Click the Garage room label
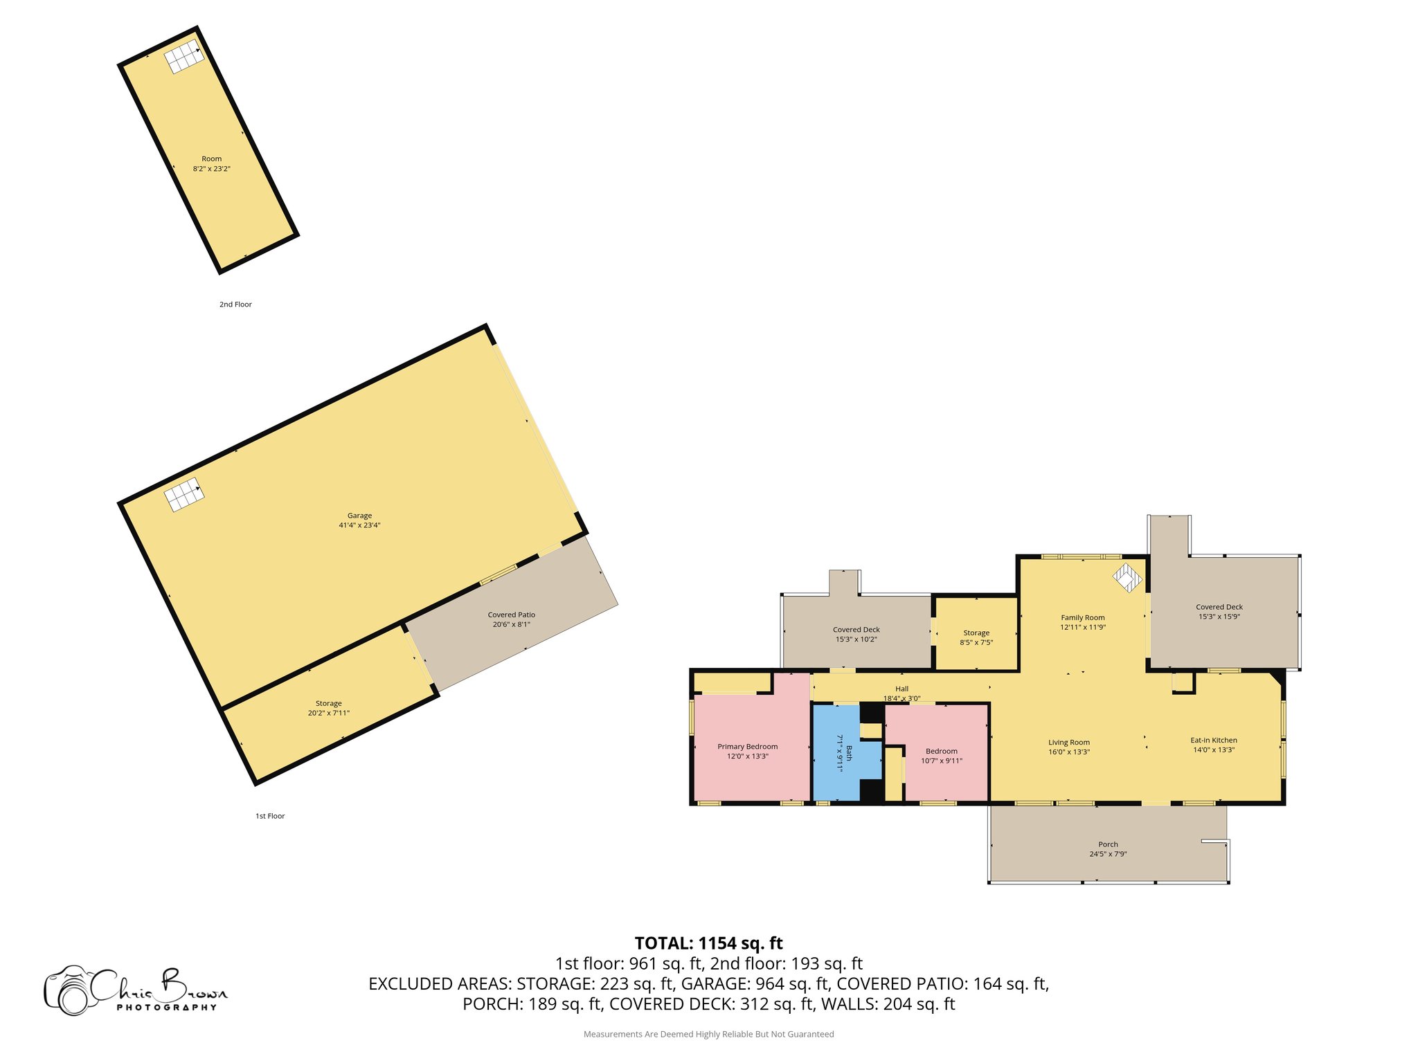(359, 516)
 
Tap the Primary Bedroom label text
(747, 747)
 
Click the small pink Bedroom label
(941, 752)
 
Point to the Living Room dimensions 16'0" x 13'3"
(1068, 752)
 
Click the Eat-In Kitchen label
(1213, 741)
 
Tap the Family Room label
(1082, 618)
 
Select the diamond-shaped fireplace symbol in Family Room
(1127, 578)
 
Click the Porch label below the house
(1108, 844)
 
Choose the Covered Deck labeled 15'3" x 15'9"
(1219, 612)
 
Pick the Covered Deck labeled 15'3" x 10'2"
(856, 635)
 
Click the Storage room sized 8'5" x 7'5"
(976, 637)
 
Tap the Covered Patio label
(511, 615)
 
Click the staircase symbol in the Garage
(184, 495)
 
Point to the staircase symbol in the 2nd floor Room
(184, 56)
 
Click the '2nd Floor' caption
(235, 305)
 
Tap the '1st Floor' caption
(270, 817)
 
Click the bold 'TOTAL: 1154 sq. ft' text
(708, 943)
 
